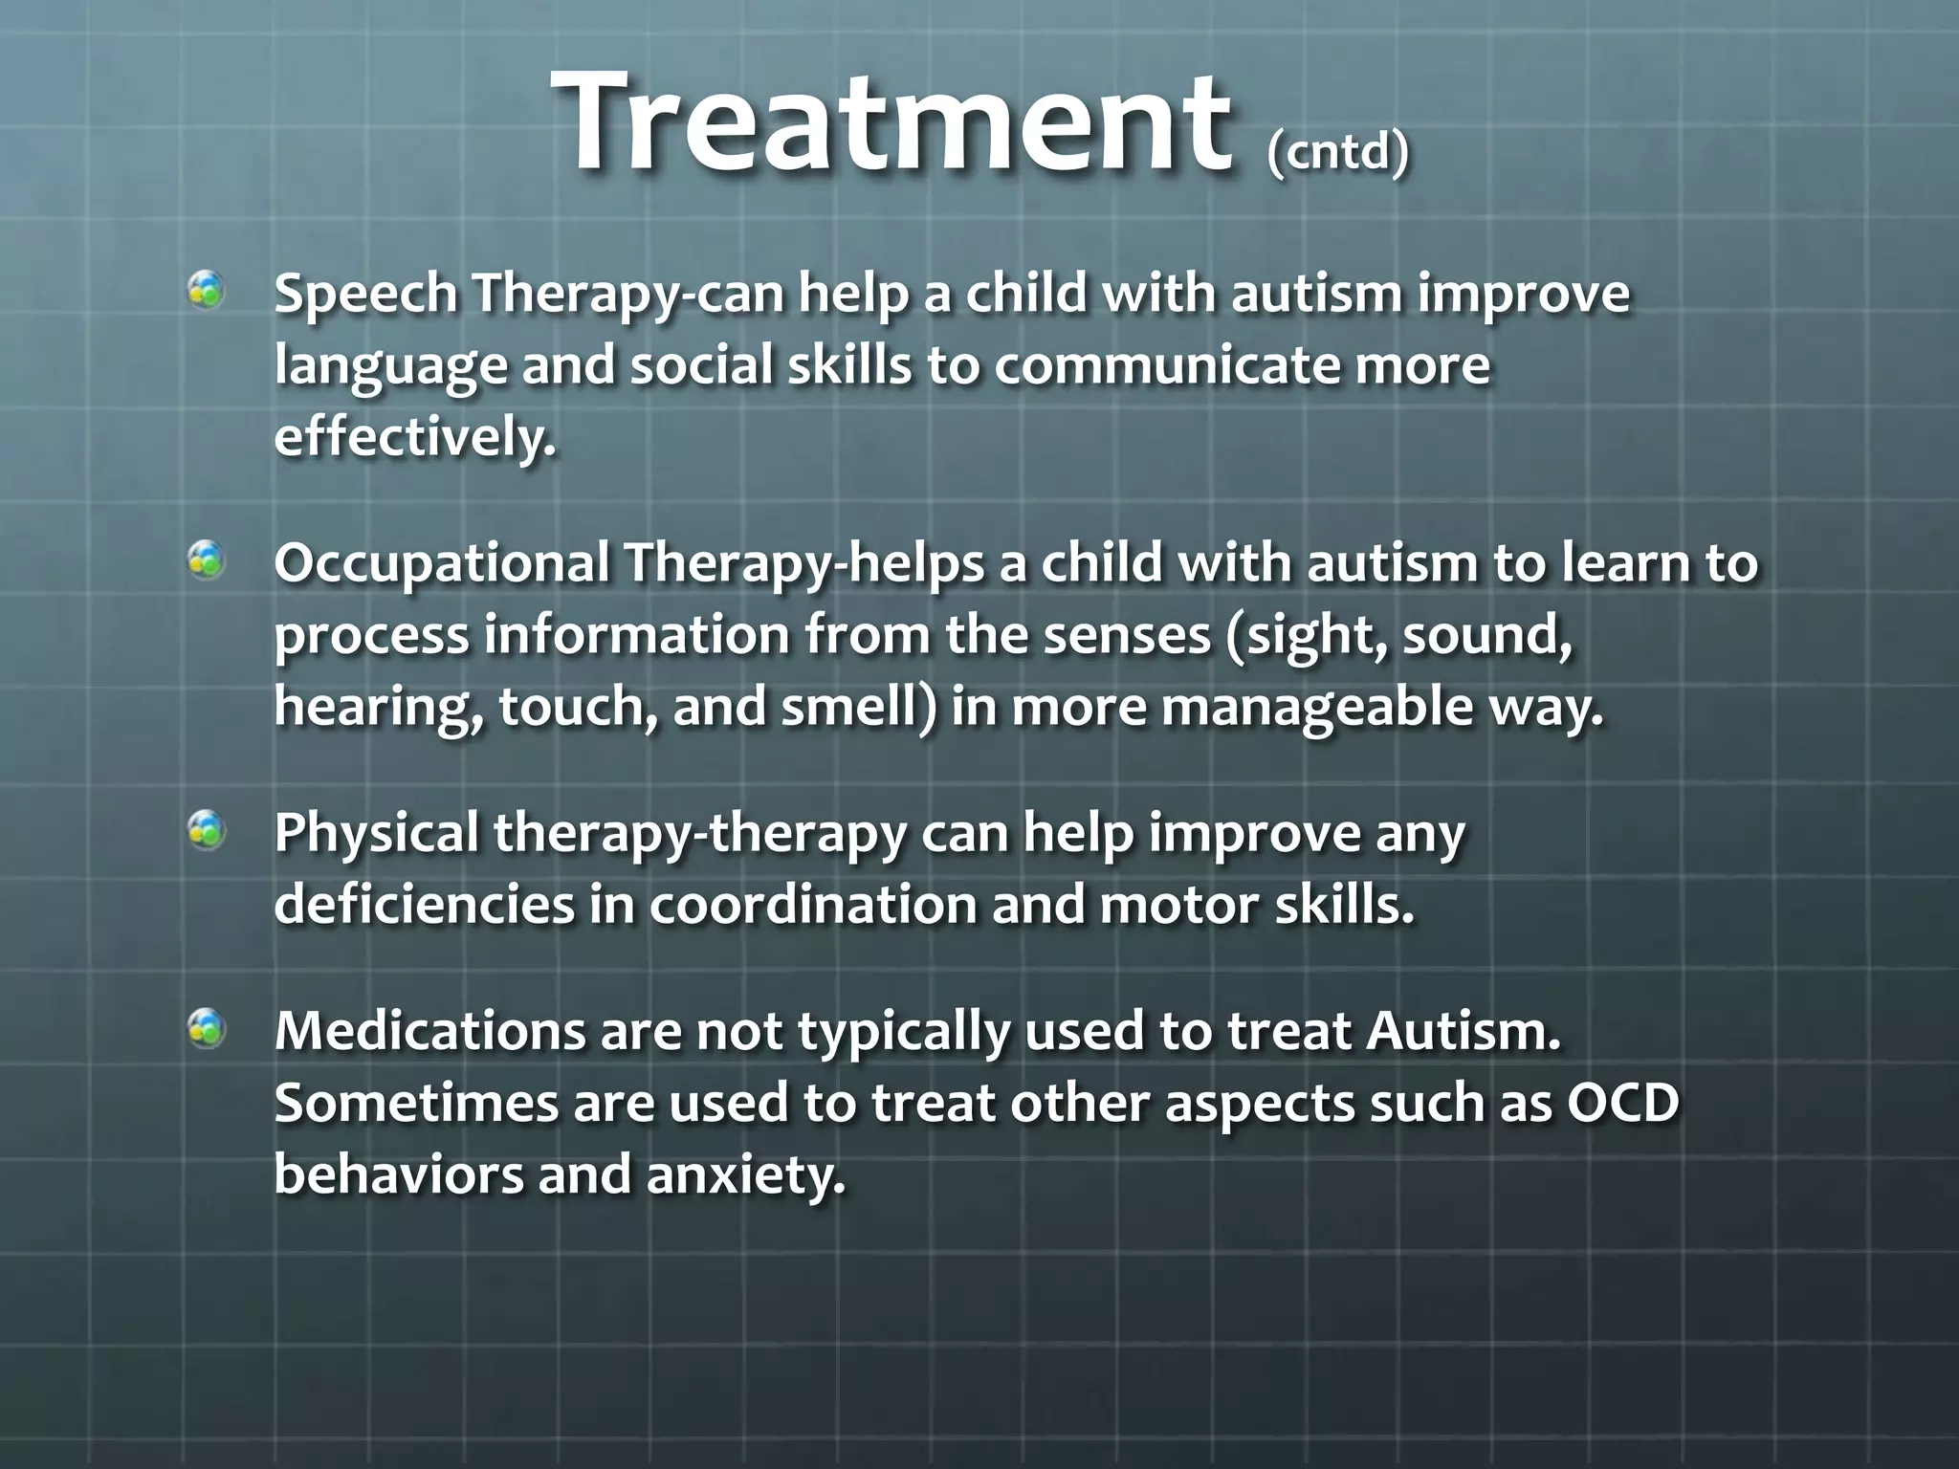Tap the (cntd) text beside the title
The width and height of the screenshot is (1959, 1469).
pos(1337,151)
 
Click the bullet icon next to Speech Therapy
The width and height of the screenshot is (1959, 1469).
pos(206,290)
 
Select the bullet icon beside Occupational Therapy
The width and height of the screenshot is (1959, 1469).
pos(206,559)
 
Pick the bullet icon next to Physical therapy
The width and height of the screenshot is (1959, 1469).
pos(206,829)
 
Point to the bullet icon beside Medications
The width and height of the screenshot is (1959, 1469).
pos(206,1029)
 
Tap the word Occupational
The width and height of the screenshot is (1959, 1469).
pos(442,562)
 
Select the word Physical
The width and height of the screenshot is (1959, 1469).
pos(377,834)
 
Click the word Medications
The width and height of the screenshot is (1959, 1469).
pos(430,1031)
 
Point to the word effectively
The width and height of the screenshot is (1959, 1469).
pos(414,438)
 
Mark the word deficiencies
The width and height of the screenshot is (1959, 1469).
pos(425,905)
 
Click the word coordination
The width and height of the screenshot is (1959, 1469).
pos(813,905)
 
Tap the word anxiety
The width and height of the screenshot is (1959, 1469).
pos(746,1175)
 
